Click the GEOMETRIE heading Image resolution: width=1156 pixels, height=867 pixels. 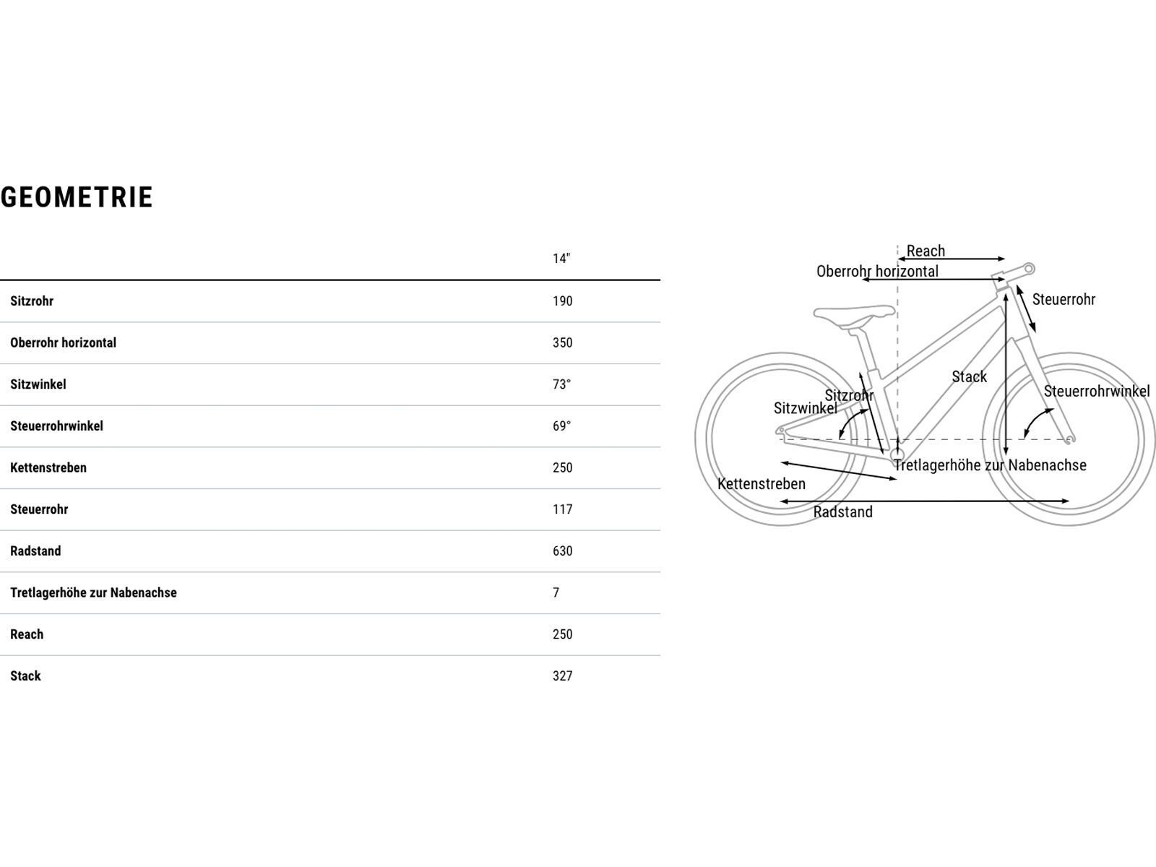[77, 197]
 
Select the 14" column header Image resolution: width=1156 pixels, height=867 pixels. [561, 259]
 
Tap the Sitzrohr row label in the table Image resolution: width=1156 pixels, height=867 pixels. [32, 301]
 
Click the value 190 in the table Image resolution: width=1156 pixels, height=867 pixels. [562, 301]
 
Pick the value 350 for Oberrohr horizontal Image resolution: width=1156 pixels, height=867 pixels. [562, 342]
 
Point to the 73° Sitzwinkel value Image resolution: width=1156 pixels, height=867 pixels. [561, 384]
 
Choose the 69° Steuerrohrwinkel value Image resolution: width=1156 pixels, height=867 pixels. [561, 426]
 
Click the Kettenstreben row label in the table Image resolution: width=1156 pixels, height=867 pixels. [48, 467]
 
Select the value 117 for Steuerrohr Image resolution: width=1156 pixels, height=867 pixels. [562, 509]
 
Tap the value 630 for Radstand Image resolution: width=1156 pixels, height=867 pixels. [562, 551]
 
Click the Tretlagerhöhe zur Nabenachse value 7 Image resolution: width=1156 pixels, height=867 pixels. [556, 592]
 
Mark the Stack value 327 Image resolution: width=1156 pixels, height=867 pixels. [562, 676]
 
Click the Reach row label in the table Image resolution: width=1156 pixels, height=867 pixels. [27, 634]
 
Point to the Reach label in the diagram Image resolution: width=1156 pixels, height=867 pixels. [926, 251]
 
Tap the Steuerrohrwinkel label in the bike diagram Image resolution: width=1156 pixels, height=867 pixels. [1097, 391]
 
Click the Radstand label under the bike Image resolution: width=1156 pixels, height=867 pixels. [842, 512]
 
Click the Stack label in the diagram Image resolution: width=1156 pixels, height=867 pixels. [969, 376]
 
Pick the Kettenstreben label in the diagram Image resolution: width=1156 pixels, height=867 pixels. [761, 484]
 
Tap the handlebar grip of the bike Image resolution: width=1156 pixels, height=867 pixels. [1029, 269]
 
